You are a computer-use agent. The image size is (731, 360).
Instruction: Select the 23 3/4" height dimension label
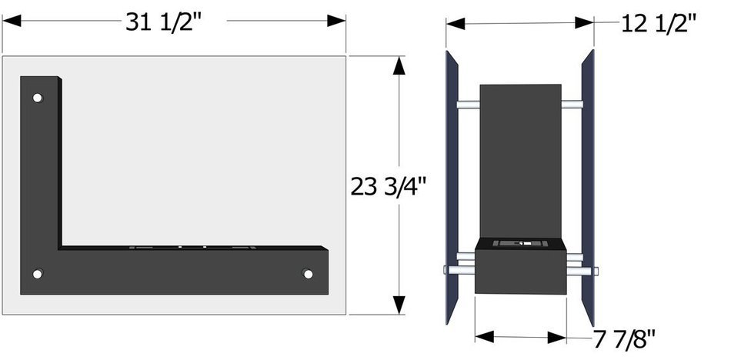click(389, 186)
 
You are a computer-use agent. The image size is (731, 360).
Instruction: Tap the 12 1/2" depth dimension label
click(659, 23)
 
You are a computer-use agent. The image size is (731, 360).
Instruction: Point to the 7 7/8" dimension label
click(624, 339)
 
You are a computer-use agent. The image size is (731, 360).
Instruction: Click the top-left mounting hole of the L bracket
click(37, 98)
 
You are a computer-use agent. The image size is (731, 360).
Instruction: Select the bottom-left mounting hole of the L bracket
click(37, 274)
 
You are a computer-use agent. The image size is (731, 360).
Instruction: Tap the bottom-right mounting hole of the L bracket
click(307, 274)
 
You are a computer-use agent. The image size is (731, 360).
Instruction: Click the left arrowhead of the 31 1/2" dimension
click(12, 21)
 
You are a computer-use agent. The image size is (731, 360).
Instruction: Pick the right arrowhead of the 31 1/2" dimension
click(336, 21)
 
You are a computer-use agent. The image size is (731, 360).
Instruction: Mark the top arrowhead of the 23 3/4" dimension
click(399, 65)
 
